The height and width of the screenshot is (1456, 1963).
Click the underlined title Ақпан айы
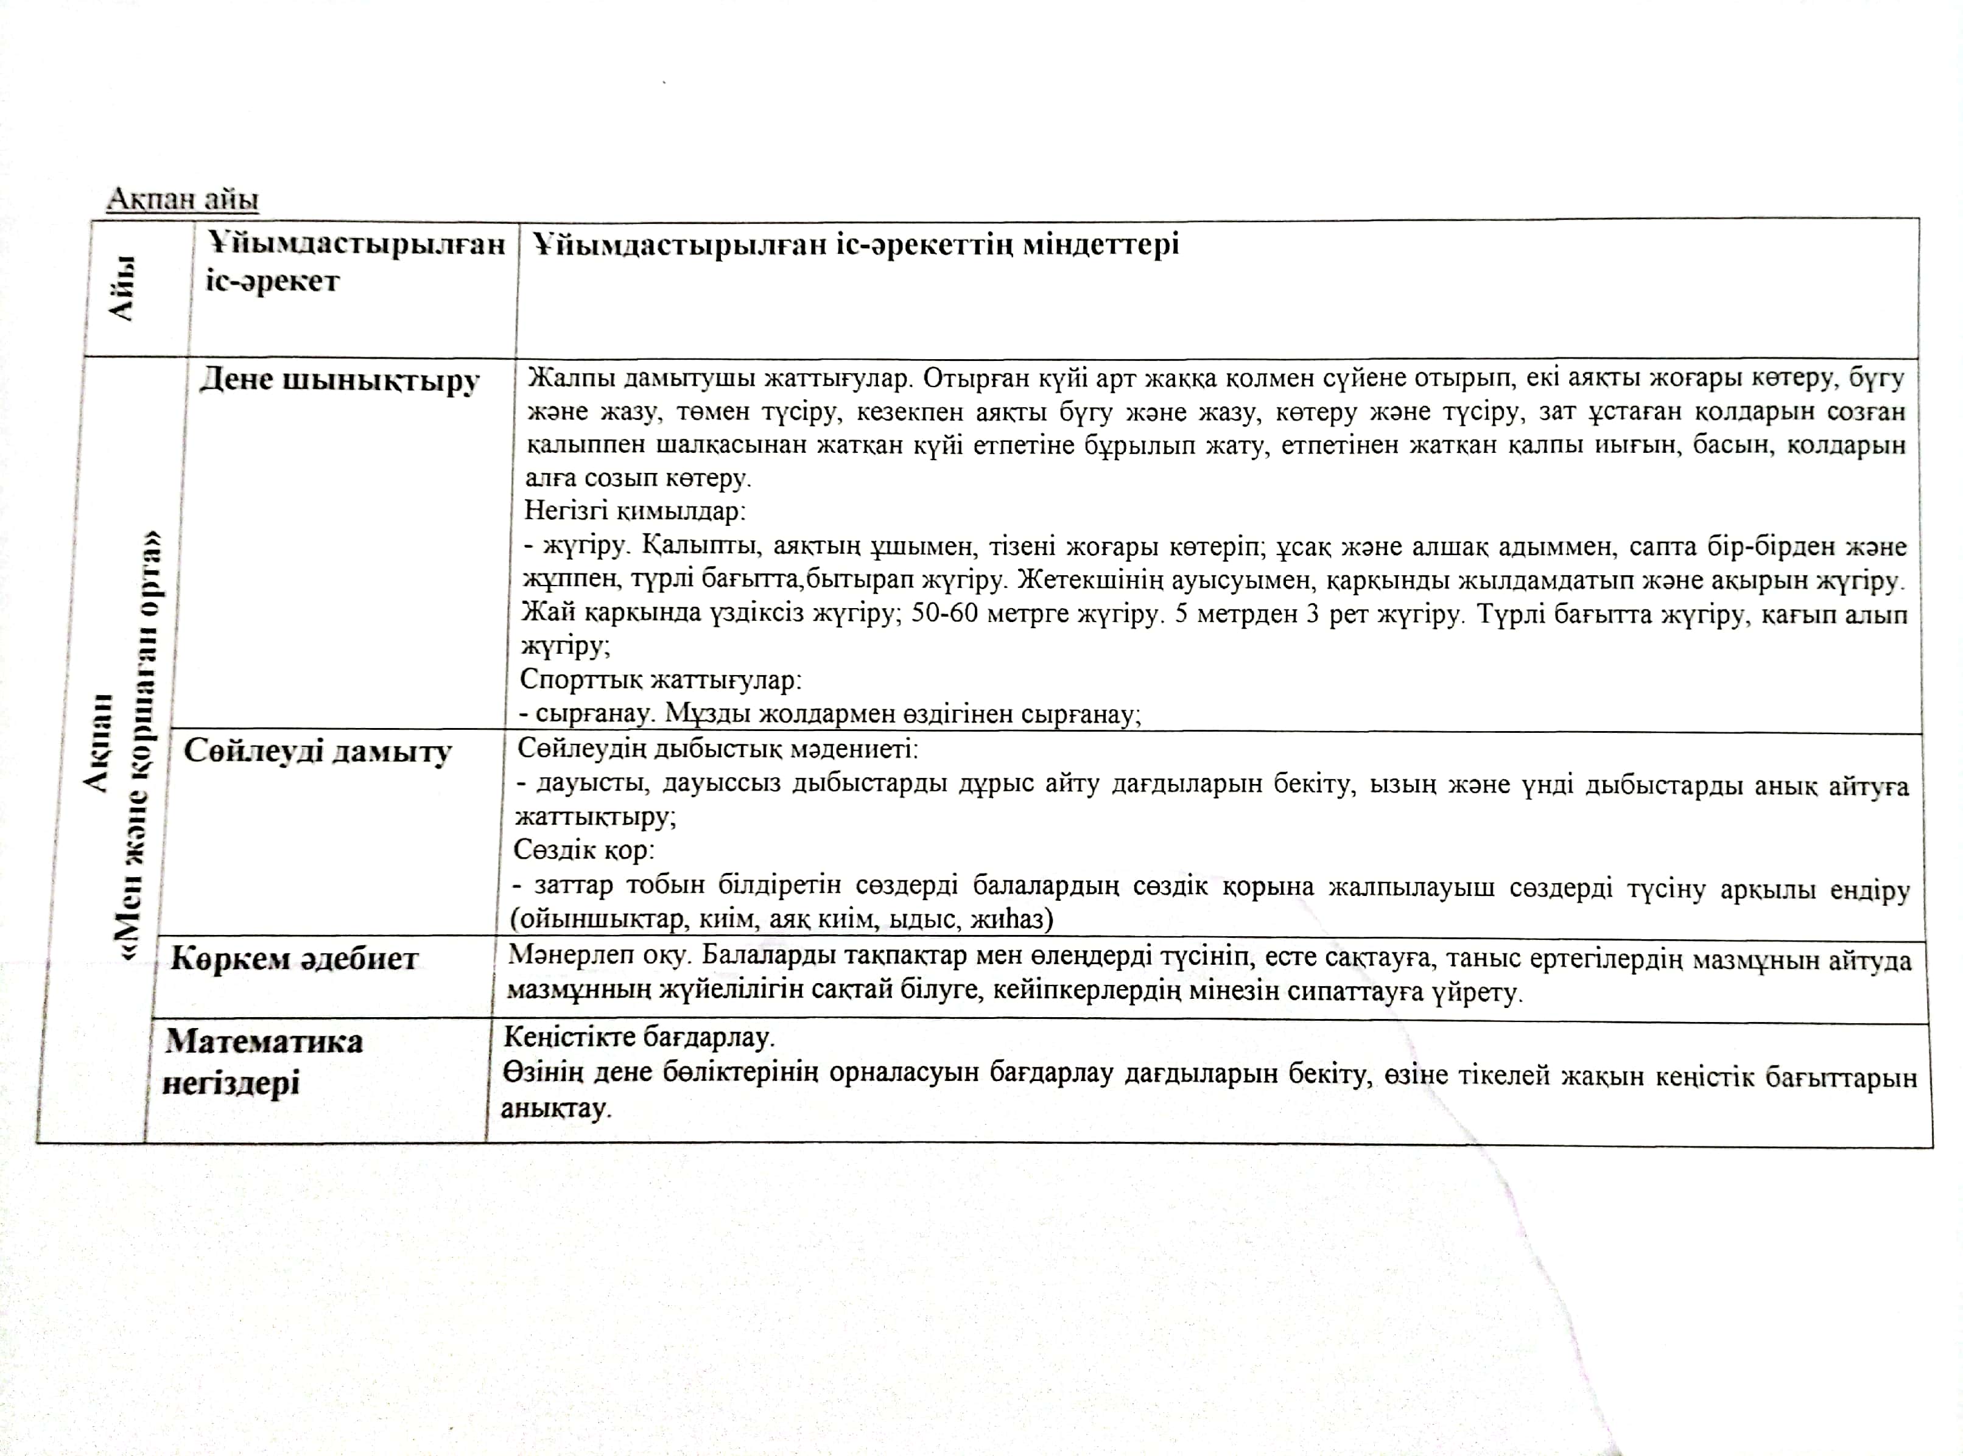tap(183, 199)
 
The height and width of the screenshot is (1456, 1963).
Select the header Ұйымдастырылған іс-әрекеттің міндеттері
tap(855, 244)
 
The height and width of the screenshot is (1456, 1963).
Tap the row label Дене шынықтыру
tap(339, 381)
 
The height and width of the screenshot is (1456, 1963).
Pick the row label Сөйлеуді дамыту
tap(317, 751)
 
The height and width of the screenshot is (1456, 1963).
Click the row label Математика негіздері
tap(262, 1062)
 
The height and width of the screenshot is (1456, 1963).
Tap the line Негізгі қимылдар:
tap(634, 511)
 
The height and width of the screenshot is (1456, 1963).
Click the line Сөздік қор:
tap(583, 850)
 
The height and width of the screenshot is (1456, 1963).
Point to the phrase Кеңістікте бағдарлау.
tap(638, 1037)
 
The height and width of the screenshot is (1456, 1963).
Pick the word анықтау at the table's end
tap(555, 1108)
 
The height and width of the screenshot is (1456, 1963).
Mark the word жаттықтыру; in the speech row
tap(595, 817)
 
